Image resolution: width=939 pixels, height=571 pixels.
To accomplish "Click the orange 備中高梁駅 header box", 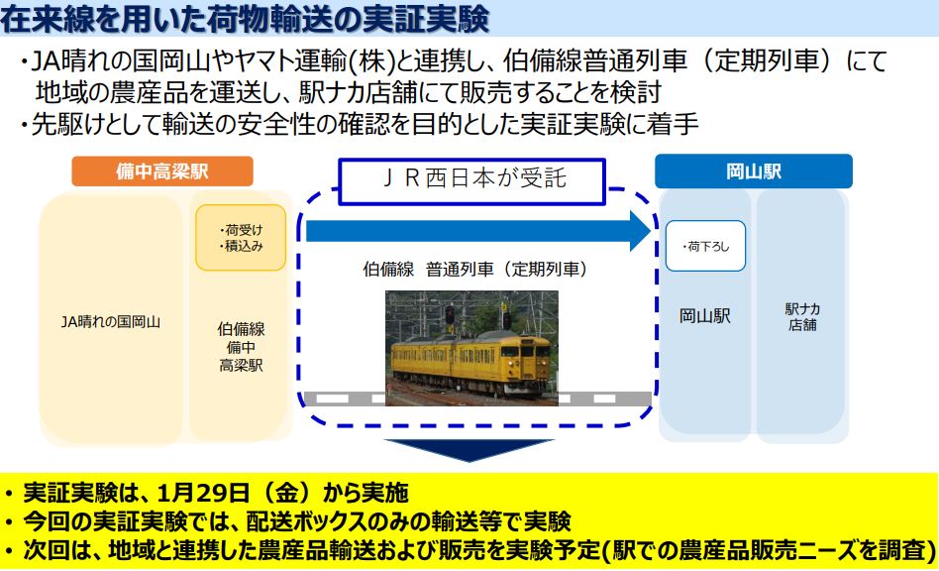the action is tap(162, 171).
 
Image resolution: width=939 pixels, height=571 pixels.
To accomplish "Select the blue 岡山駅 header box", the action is tap(754, 171).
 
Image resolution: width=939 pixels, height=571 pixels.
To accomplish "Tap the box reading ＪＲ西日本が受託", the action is tap(471, 181).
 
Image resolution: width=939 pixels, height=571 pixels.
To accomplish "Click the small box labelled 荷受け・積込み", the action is tap(241, 238).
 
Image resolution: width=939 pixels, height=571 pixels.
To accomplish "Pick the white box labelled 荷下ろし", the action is tap(705, 246).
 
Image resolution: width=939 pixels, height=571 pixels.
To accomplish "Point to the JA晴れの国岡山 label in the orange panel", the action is tap(111, 322).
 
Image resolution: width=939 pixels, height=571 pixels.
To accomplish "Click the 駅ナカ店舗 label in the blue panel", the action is tap(802, 317).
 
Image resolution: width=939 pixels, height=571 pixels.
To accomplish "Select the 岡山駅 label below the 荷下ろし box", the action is tap(705, 316).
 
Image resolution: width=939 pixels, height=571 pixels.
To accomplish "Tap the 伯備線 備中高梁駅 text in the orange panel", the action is tap(241, 347).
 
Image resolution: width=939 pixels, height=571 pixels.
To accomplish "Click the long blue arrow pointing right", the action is tap(477, 231).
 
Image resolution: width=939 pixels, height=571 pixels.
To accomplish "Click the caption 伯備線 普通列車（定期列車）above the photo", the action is tap(475, 270).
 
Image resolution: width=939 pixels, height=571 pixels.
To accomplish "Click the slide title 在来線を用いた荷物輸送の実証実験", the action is tap(245, 19).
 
